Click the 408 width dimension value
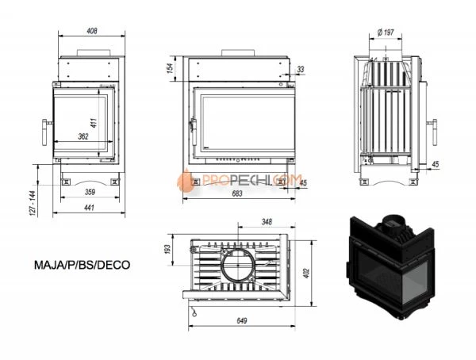91,32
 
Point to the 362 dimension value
83,136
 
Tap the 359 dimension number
90,192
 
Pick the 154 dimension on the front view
171,70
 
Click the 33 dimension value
300,71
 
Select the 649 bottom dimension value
243,320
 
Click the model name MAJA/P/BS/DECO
82,266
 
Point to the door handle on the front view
191,126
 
